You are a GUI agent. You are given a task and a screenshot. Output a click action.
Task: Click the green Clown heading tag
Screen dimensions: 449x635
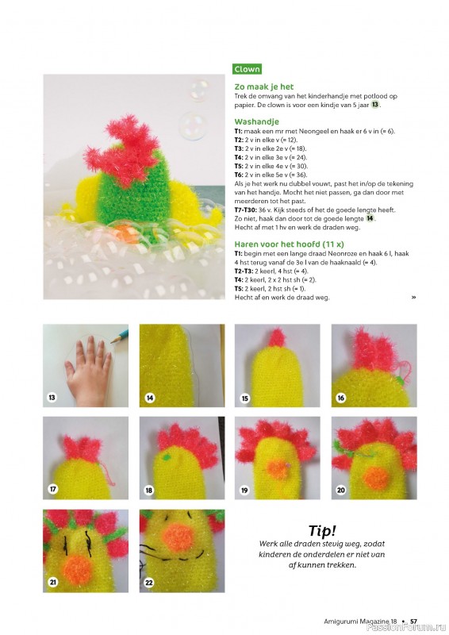click(x=247, y=69)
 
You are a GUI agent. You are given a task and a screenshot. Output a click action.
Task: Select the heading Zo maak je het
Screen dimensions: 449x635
click(x=263, y=87)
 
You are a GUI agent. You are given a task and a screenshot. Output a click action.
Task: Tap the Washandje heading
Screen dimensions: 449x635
click(x=256, y=121)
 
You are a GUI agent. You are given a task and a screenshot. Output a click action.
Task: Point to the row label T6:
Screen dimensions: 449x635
click(x=239, y=175)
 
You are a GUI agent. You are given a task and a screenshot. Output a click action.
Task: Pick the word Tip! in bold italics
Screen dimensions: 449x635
click(x=322, y=530)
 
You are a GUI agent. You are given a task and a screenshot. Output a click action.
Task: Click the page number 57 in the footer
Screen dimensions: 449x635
click(x=413, y=622)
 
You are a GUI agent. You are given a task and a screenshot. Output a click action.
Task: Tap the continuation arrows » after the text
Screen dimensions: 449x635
click(x=413, y=297)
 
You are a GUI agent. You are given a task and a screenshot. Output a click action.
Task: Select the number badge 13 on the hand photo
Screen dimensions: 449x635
click(x=52, y=398)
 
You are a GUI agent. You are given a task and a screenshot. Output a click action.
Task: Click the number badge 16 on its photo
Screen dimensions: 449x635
click(x=341, y=398)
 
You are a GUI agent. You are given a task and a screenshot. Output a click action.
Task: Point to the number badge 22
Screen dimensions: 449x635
click(x=149, y=583)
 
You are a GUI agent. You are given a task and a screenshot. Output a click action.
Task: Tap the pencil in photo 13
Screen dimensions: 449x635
click(x=120, y=336)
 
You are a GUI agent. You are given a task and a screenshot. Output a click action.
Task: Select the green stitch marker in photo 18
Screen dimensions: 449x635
click(x=166, y=458)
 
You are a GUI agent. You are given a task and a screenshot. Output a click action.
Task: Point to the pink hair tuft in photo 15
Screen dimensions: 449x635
click(x=276, y=338)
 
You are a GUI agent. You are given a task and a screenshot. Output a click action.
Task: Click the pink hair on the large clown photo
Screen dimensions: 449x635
click(x=122, y=149)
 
